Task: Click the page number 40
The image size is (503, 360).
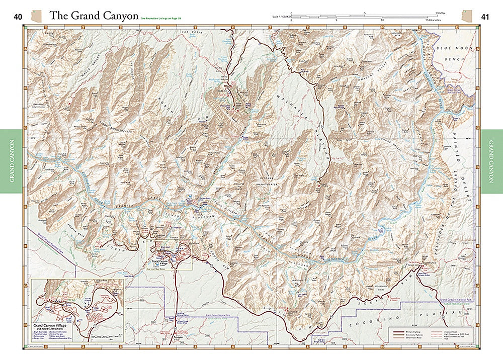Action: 18,17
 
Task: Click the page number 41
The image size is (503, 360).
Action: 485,17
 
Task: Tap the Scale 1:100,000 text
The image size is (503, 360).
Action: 280,17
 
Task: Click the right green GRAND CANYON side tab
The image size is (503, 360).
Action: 491,161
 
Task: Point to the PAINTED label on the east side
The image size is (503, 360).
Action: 458,161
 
